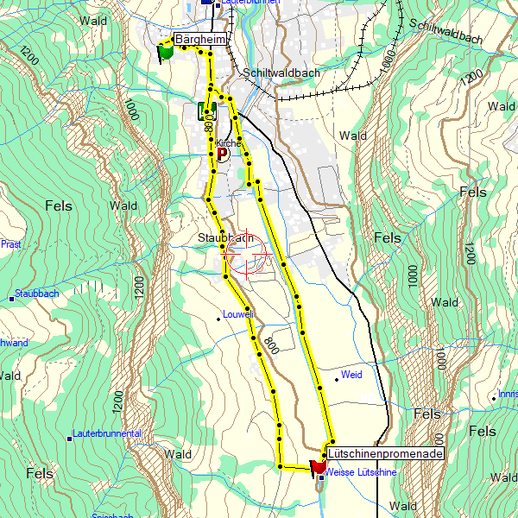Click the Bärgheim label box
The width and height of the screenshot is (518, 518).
coord(201,40)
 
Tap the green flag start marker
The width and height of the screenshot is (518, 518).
coord(165,51)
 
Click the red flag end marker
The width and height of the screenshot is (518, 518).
coord(319,467)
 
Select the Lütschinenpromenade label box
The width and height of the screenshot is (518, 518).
coord(386,453)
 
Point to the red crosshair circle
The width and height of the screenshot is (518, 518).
coord(247,255)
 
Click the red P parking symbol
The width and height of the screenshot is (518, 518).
coord(222,155)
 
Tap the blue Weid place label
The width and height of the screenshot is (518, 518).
coord(351,375)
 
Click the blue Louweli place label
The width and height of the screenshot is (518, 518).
coord(238,314)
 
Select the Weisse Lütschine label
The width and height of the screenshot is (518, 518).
coord(362,473)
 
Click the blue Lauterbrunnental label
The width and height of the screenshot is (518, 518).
coord(107,433)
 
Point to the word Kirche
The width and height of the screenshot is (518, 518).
coord(229,143)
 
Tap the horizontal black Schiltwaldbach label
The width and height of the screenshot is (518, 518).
coord(281,73)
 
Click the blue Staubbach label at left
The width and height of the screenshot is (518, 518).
coord(36,294)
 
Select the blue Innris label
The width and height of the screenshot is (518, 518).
coord(508,395)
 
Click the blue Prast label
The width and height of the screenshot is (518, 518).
coord(10,244)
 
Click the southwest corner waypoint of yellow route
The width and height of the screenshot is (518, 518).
coord(280,466)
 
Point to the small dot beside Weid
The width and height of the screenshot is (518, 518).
coord(337,378)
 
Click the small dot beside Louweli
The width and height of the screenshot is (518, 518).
coord(218,319)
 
